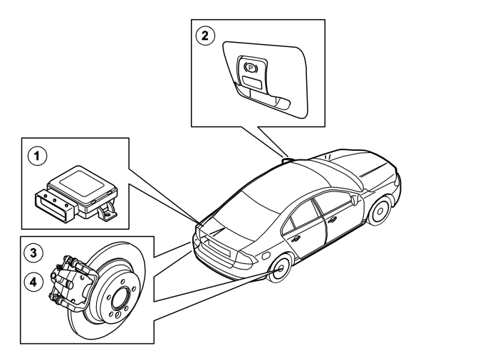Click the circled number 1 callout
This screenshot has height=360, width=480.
point(37,156)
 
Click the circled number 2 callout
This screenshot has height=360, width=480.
point(205,36)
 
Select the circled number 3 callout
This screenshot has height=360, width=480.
point(33,253)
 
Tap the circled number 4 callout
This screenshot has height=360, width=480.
point(33,282)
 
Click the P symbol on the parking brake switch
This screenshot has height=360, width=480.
point(251,67)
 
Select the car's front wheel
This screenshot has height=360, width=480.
point(380,211)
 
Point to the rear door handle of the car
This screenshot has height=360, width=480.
point(296,239)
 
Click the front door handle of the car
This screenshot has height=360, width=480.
point(332,219)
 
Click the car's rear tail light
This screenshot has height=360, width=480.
point(247,259)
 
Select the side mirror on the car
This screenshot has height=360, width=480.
point(355,199)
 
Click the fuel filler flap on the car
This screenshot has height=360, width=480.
point(266,255)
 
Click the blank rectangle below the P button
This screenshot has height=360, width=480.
point(252,82)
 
